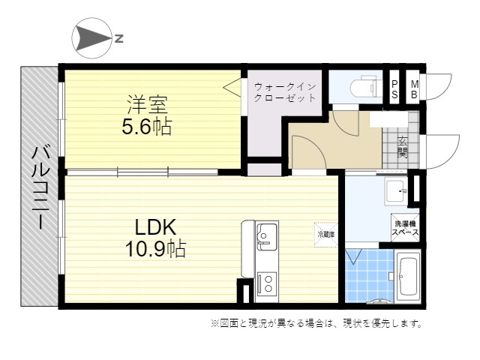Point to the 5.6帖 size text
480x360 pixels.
click(147, 126)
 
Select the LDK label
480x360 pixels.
click(156, 226)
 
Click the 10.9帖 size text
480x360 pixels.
click(156, 248)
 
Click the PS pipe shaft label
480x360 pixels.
click(394, 90)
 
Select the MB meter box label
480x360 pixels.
click(413, 90)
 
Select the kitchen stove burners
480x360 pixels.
click(266, 283)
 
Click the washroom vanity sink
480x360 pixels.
click(395, 192)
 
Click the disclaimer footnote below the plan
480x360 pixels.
click(316, 325)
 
